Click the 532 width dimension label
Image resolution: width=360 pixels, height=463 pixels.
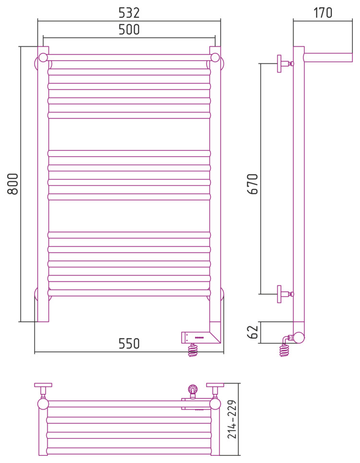click(129, 12)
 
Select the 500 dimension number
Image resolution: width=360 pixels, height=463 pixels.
click(129, 29)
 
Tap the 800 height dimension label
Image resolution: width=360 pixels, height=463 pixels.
click(12, 183)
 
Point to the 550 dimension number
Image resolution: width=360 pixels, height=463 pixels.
click(129, 344)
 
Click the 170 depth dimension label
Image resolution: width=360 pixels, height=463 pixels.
click(323, 12)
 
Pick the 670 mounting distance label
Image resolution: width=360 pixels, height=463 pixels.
click(253, 183)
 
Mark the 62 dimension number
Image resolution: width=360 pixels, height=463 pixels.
click(253, 331)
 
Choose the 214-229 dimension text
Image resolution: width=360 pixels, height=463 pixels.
click(232, 419)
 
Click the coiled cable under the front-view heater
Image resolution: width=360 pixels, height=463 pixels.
click(193, 350)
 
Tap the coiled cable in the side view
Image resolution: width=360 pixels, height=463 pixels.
click(285, 348)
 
